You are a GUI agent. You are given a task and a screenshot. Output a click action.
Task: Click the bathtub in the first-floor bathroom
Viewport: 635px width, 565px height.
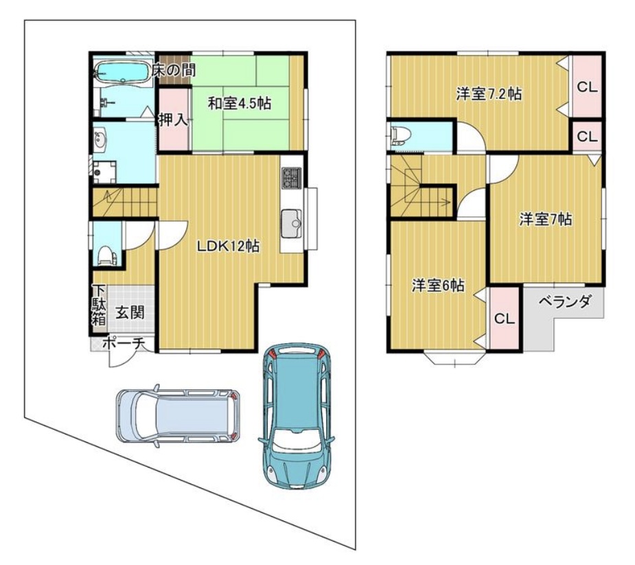coord(122,72)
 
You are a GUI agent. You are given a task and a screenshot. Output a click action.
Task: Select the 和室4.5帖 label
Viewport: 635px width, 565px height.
coord(240,103)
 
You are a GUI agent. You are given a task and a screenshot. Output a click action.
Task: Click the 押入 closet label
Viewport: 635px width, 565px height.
coord(173,119)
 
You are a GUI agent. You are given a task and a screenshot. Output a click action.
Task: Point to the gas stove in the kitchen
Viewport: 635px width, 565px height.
coord(292,178)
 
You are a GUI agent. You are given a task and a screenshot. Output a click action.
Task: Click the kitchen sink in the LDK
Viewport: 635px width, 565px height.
coord(292,224)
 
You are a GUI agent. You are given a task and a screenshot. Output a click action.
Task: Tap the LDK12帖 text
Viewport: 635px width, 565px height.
coord(229,246)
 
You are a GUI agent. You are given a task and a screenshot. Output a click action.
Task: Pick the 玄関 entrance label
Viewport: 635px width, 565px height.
coord(130,312)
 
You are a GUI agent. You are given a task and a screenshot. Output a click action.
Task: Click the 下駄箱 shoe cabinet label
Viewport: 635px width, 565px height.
coord(100,305)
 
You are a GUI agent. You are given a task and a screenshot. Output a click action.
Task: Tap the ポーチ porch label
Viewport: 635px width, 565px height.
coord(124,344)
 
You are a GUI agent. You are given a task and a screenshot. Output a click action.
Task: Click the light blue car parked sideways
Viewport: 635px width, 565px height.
coord(178,416)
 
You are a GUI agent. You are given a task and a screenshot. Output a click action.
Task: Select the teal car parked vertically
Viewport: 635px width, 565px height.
coord(297,416)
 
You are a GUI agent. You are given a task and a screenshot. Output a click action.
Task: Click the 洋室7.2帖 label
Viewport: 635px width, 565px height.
coord(489,94)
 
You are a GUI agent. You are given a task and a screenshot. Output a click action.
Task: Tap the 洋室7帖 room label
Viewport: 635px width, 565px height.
coord(546,220)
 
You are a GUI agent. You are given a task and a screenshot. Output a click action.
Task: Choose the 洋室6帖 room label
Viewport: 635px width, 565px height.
coord(438,286)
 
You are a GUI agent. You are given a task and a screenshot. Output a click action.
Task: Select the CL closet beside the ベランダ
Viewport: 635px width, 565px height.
coord(504,319)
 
